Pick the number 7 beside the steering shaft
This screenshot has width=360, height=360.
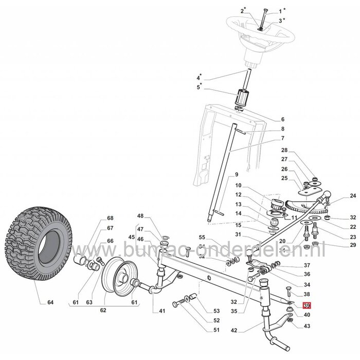click(282, 138)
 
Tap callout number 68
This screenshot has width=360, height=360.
click(110, 218)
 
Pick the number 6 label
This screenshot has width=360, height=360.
click(282, 119)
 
